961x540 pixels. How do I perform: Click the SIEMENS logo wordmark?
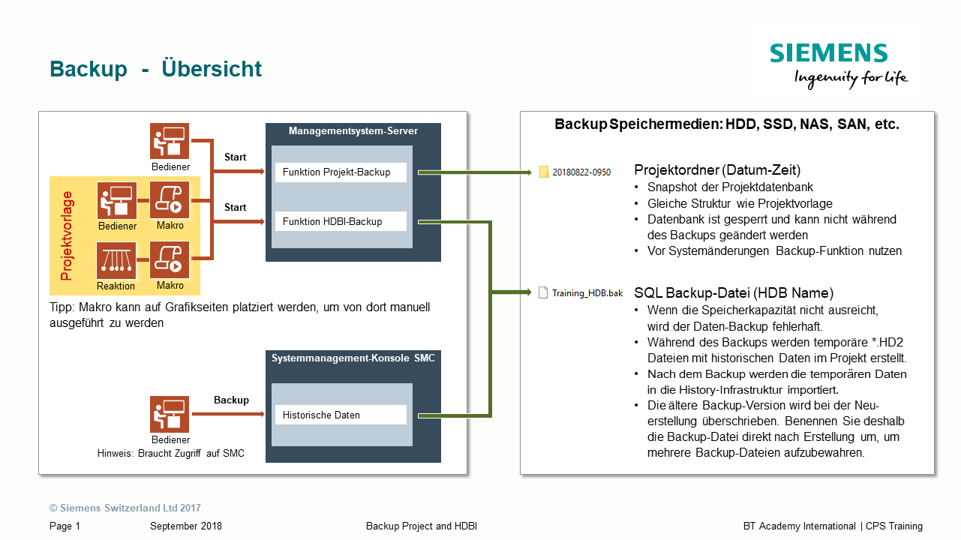point(828,53)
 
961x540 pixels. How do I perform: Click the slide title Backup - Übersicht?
point(155,69)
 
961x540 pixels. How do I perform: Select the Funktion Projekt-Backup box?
point(341,172)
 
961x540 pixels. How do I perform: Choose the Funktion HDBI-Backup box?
point(341,221)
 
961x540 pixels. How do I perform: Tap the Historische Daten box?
point(341,415)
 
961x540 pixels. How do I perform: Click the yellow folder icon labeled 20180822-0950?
point(544,172)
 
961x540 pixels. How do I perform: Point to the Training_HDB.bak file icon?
point(543,292)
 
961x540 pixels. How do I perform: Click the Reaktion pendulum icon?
point(116,260)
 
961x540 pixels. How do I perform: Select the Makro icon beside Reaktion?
point(170,260)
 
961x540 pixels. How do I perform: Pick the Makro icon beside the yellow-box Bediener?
point(170,200)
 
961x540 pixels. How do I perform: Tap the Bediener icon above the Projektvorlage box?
point(170,141)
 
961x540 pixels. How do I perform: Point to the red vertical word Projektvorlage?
point(68,236)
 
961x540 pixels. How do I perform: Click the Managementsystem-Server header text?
point(353,131)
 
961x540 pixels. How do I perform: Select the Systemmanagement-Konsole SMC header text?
point(353,358)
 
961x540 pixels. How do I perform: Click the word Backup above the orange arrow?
point(231,400)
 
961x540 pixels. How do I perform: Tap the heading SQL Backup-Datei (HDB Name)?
point(734,292)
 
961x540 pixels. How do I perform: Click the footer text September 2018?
point(186,526)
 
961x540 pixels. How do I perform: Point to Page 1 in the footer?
point(65,526)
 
